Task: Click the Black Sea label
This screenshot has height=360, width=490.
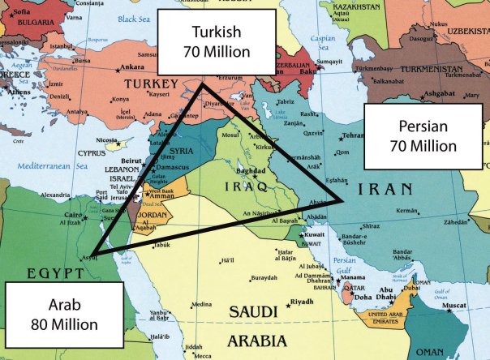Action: point(134,17)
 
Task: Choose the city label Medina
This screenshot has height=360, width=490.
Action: point(200,305)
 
